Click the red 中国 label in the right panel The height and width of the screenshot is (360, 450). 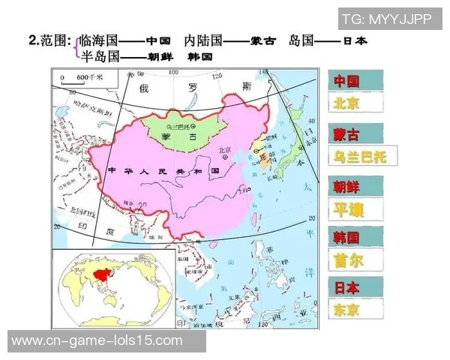(x=347, y=80)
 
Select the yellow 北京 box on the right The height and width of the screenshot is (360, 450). (x=347, y=103)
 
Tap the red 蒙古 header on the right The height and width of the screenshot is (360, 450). (x=347, y=134)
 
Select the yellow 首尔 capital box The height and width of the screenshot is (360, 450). (x=347, y=259)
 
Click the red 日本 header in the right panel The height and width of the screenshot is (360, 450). (x=347, y=287)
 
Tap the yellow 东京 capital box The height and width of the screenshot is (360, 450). (x=347, y=309)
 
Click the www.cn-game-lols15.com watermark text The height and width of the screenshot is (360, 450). (x=97, y=340)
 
